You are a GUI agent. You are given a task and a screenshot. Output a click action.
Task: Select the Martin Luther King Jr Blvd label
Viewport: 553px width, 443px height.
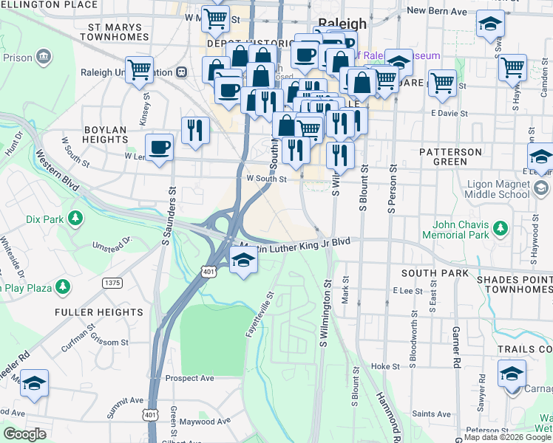coord(296,244)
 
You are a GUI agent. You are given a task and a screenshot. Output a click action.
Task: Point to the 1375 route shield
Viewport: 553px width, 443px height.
coord(112,283)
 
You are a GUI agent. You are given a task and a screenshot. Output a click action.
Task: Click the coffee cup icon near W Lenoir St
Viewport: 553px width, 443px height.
coord(159,147)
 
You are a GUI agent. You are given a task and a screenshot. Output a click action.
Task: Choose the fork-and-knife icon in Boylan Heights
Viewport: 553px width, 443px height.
coord(195,130)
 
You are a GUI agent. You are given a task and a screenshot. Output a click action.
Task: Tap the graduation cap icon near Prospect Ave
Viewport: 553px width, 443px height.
coord(34,382)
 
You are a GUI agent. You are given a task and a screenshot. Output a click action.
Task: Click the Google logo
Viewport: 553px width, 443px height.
coord(25,434)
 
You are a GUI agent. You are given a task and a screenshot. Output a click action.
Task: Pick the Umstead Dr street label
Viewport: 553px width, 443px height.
coord(112,243)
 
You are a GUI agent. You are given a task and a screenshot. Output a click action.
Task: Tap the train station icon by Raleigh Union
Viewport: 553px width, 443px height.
coord(181,72)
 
